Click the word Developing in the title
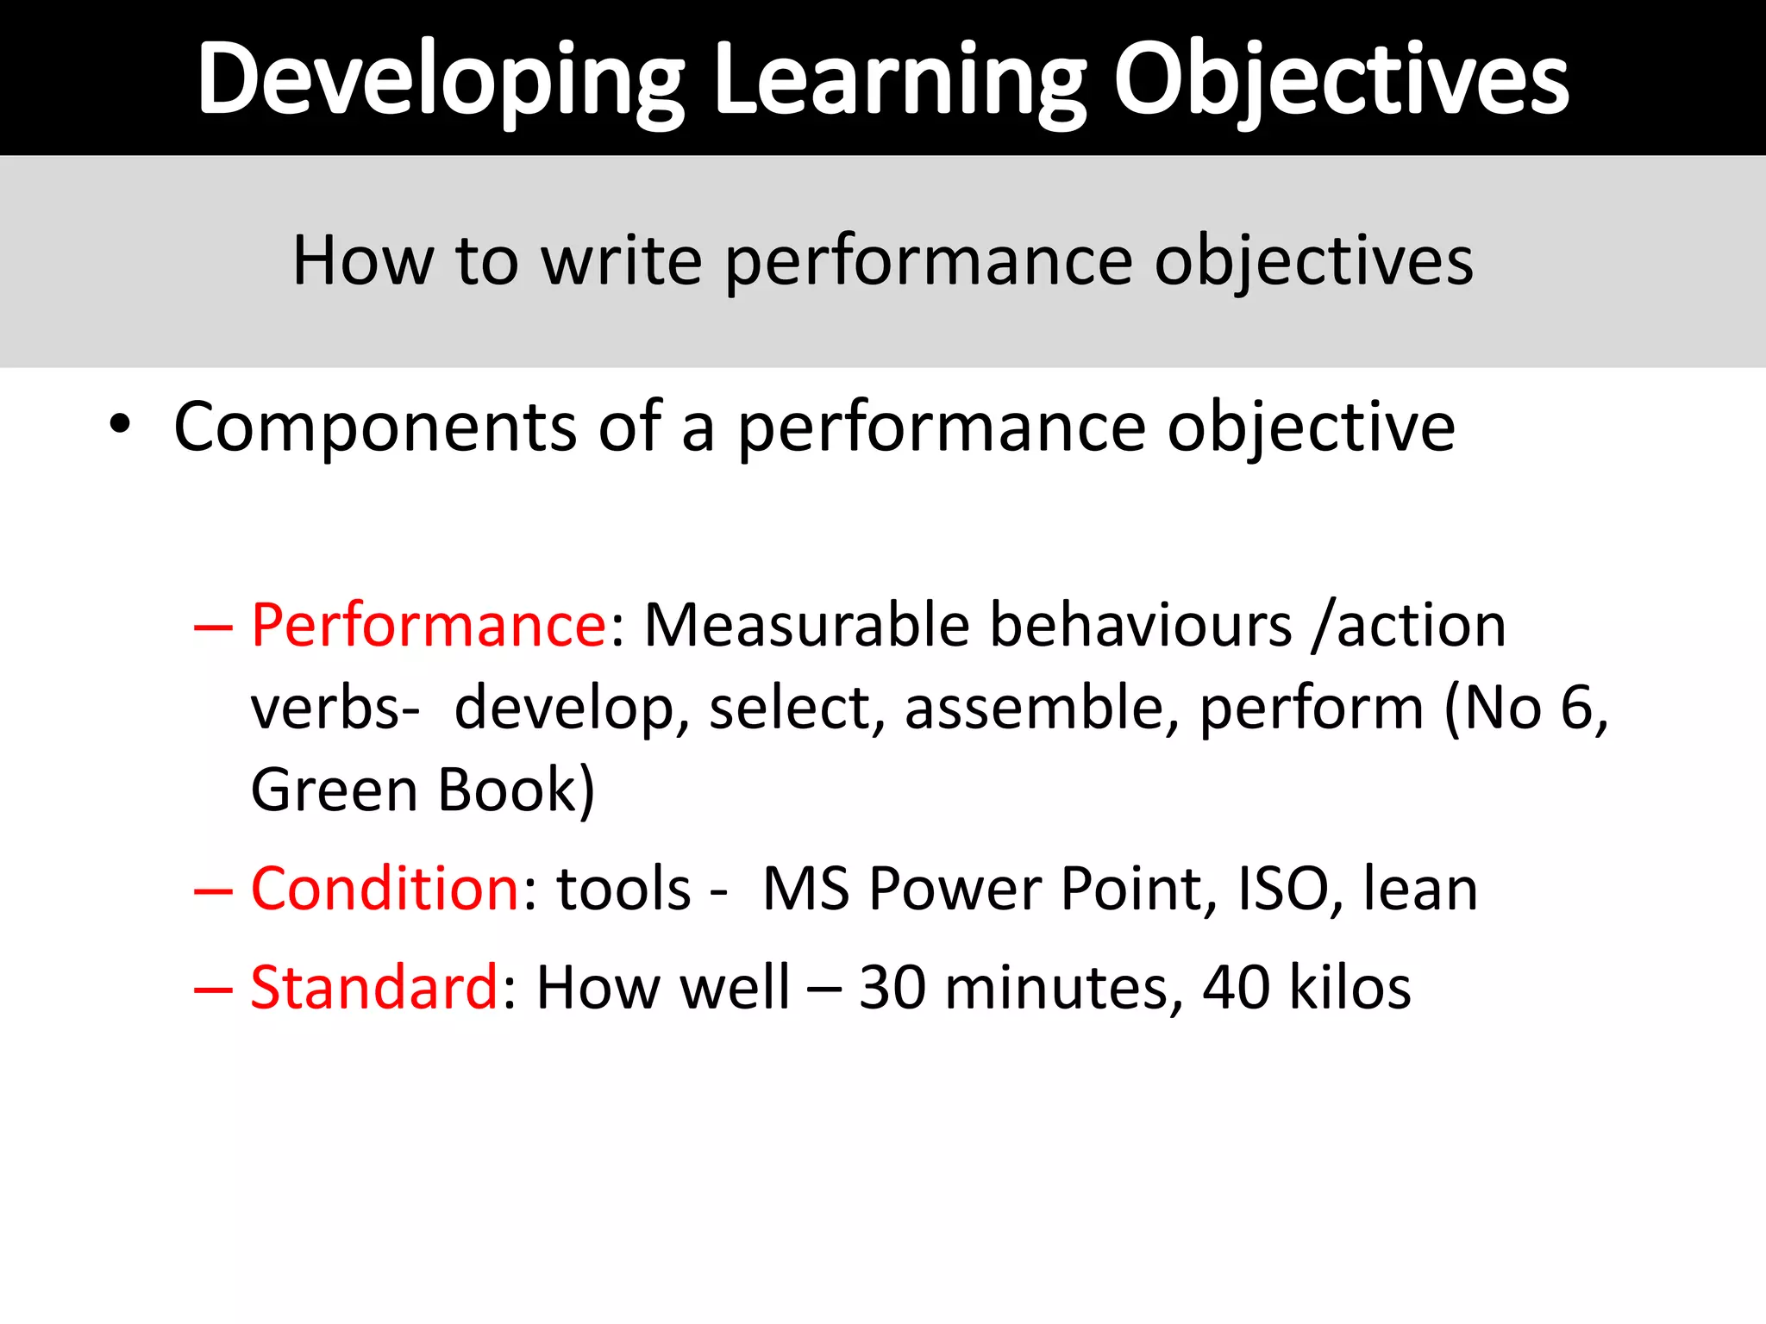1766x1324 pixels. tap(440, 79)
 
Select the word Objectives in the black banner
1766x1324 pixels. tap(1341, 79)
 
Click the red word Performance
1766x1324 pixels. tap(429, 625)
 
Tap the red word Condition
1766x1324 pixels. tap(385, 889)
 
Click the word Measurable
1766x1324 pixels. tap(806, 625)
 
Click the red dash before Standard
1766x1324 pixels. tap(213, 989)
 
